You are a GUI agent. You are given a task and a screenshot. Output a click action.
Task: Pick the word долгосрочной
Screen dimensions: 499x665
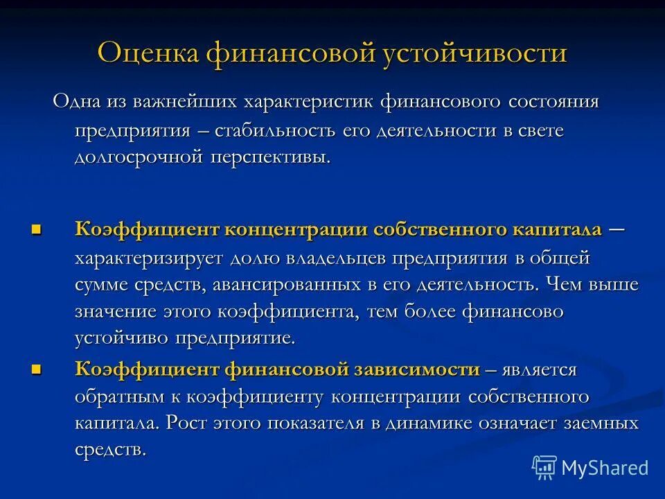pos(138,157)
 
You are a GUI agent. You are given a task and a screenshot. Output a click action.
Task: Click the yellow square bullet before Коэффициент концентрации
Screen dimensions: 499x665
pos(37,229)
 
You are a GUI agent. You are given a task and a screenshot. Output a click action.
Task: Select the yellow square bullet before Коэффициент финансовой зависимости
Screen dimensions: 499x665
pos(37,369)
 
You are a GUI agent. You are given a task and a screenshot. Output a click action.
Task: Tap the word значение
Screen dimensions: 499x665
pos(116,312)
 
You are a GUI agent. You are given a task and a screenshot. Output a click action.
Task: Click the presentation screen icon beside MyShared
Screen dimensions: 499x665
pos(544,468)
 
